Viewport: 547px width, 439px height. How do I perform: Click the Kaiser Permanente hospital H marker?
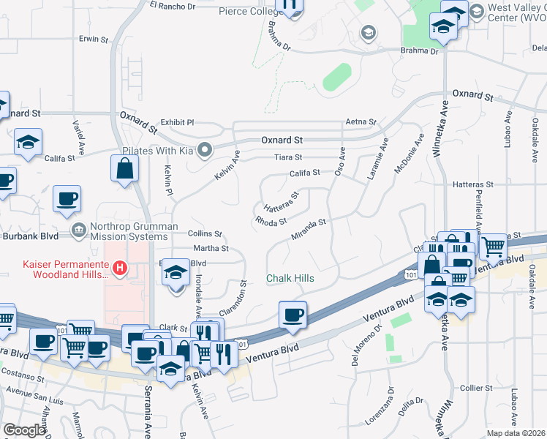point(119,268)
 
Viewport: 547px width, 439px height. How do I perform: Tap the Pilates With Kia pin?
point(205,151)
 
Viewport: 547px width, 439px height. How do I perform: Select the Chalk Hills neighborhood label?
point(290,279)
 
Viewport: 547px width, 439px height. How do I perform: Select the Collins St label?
point(204,233)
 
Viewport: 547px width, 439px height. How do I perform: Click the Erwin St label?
point(94,38)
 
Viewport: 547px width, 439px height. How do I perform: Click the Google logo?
point(23,430)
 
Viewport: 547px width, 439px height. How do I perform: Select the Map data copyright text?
point(516,432)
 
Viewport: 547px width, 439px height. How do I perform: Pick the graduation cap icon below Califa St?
point(29,142)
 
